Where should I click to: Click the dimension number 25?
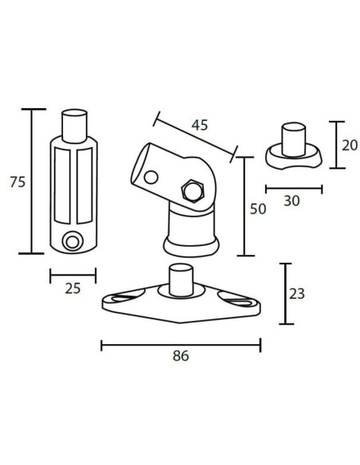(72, 288)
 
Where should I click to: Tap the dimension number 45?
(200, 125)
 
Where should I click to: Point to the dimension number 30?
(292, 201)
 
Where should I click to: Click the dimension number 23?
(297, 294)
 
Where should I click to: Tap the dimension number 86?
(181, 357)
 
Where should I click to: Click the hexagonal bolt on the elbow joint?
(192, 191)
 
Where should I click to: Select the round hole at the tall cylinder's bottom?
(72, 240)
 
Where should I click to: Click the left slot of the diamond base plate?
(124, 299)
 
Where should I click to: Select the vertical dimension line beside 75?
(33, 182)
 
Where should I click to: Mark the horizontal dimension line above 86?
(181, 345)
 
